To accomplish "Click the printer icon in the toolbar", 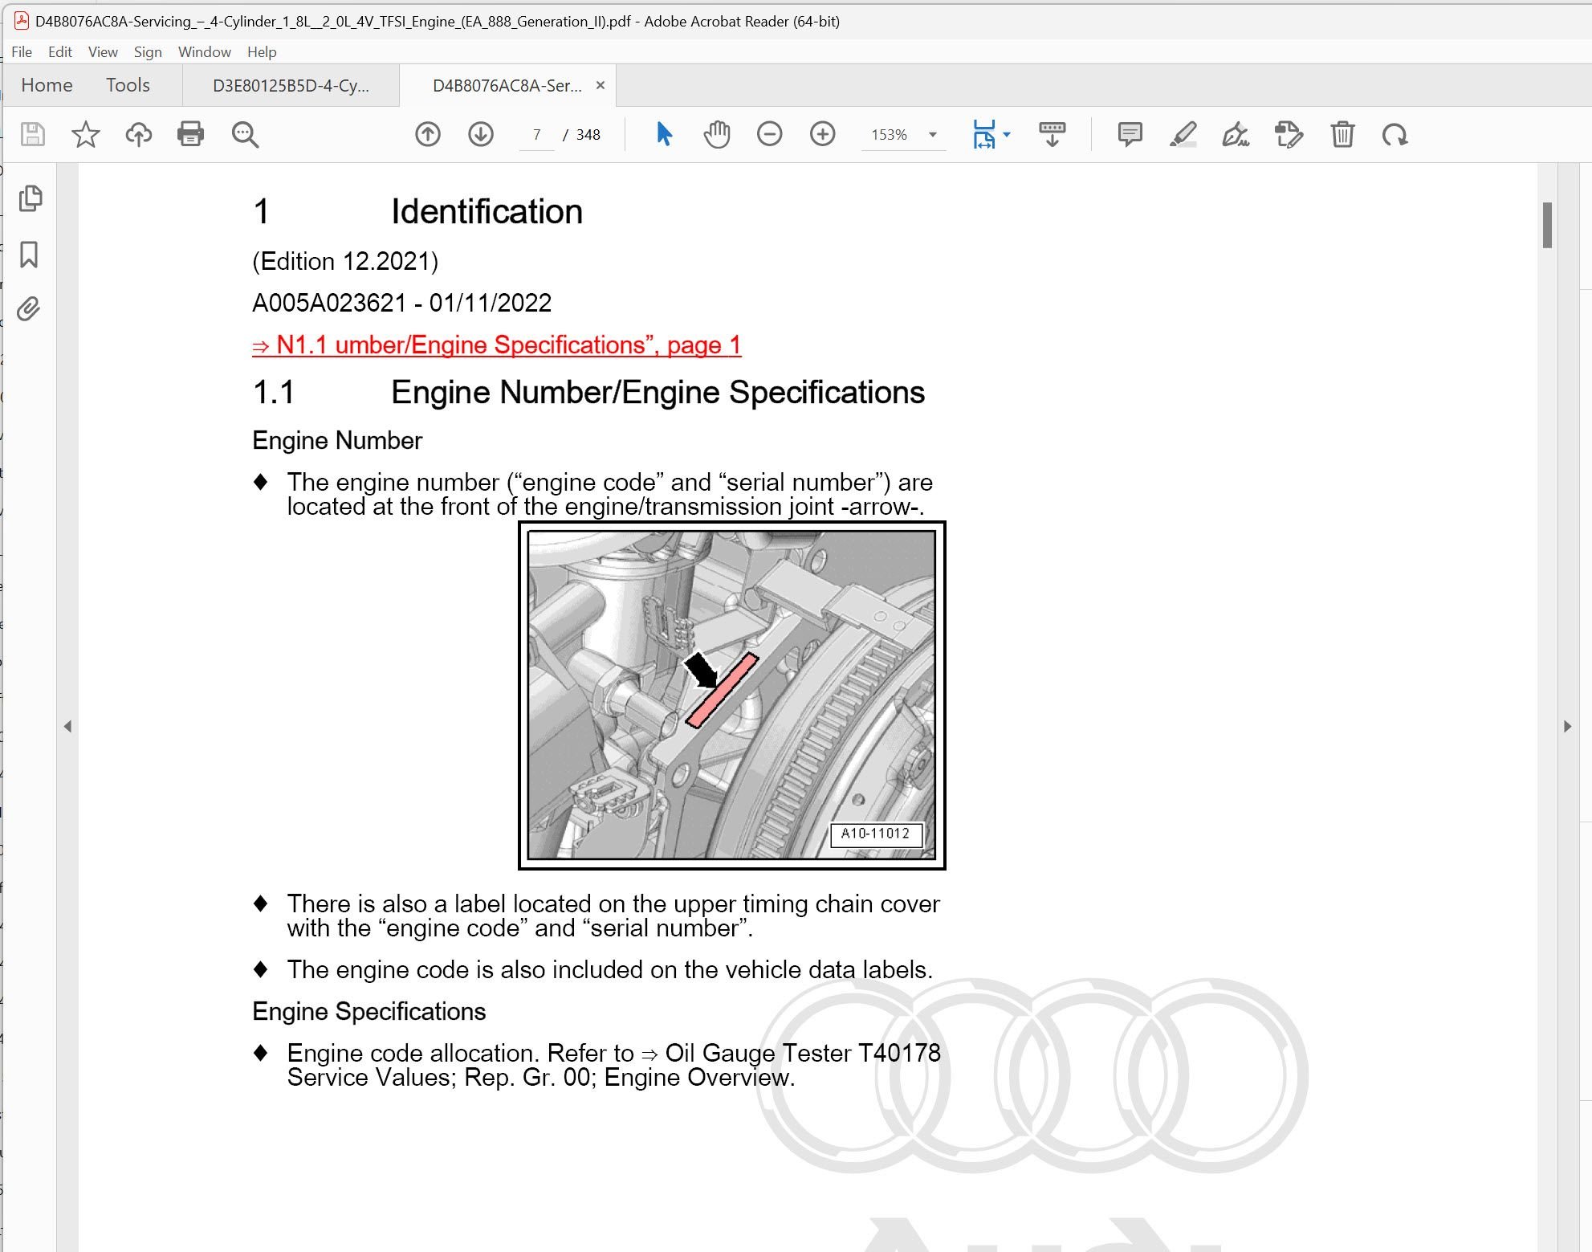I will pyautogui.click(x=190, y=134).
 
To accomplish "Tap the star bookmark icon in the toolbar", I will pyautogui.click(x=85, y=134).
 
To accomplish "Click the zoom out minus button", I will pyautogui.click(x=769, y=134).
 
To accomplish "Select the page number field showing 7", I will pyautogui.click(x=536, y=135).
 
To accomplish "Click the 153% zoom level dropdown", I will pyautogui.click(x=902, y=135).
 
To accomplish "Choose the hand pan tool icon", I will pyautogui.click(x=716, y=134).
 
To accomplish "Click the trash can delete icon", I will pyautogui.click(x=1342, y=134).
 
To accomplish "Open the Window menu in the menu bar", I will pyautogui.click(x=204, y=52).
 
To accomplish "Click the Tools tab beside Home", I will pyautogui.click(x=128, y=85).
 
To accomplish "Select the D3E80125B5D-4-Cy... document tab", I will pyautogui.click(x=291, y=86).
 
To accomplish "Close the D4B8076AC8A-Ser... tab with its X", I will pyautogui.click(x=600, y=85).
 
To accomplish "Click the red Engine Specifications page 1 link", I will pyautogui.click(x=496, y=345).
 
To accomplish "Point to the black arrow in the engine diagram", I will pyautogui.click(x=700, y=670).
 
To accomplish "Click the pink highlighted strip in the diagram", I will pyautogui.click(x=722, y=691).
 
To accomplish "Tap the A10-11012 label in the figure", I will pyautogui.click(x=875, y=834).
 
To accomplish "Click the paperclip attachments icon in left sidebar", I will pyautogui.click(x=29, y=309).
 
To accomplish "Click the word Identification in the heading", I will pyautogui.click(x=487, y=212).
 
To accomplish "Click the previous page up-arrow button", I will pyautogui.click(x=428, y=134).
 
